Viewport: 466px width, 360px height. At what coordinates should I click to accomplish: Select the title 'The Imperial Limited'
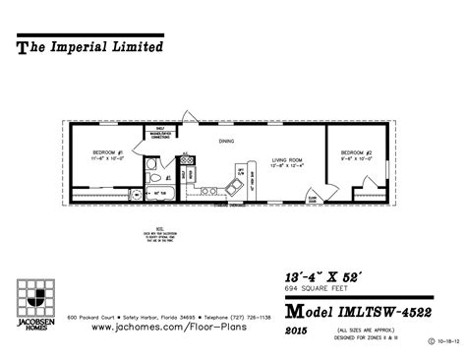90,45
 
